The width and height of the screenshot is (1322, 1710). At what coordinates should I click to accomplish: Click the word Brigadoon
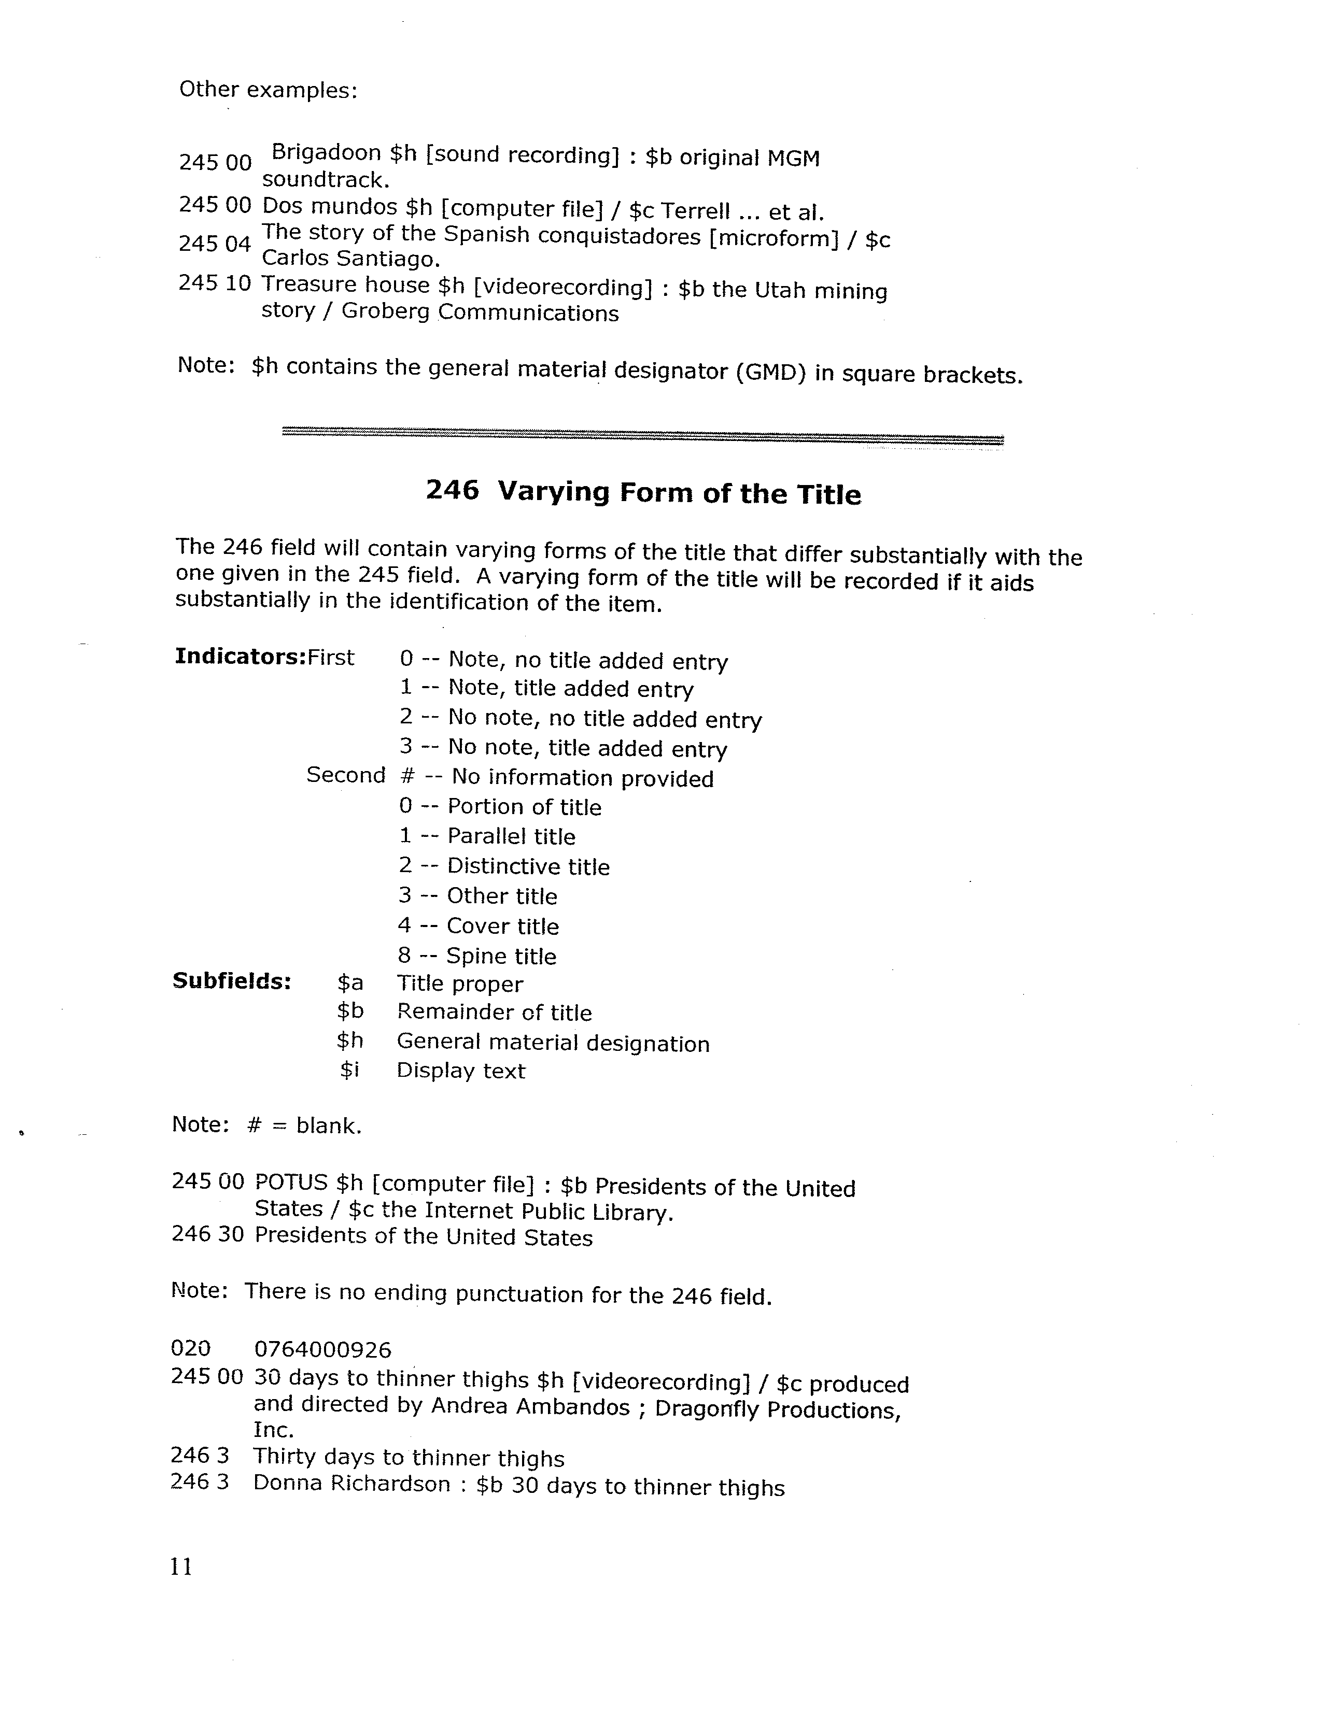[x=326, y=153]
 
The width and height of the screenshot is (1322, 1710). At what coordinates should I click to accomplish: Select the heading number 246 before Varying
[x=452, y=490]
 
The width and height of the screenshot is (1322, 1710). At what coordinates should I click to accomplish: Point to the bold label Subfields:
[x=232, y=981]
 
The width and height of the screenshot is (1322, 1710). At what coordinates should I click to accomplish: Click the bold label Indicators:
[x=240, y=656]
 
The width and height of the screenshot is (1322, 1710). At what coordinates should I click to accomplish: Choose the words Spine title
[x=501, y=956]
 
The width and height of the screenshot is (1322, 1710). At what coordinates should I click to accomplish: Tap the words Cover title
[x=503, y=927]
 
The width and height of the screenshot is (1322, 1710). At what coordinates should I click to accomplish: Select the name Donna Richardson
[x=351, y=1484]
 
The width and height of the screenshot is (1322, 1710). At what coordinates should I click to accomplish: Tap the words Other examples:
[x=268, y=90]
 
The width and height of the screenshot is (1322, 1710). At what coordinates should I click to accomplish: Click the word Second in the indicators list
[x=345, y=775]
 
